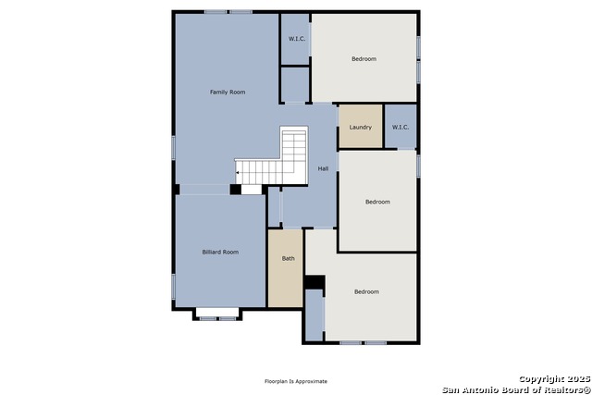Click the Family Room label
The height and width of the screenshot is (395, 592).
[x=228, y=92]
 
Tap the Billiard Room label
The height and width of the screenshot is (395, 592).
[x=220, y=252]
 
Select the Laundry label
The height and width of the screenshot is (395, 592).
[x=360, y=128]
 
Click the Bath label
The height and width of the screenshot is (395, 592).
[x=288, y=258]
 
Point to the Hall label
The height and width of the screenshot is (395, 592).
[x=323, y=168]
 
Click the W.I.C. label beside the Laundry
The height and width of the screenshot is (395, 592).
[x=401, y=128]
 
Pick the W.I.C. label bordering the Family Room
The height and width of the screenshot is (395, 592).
[x=297, y=39]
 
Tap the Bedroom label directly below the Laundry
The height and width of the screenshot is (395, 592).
[x=377, y=202]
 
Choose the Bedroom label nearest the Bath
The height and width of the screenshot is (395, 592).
[x=366, y=291]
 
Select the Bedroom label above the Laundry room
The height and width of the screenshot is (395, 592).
[x=364, y=58]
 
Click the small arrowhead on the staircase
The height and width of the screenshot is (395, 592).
[x=238, y=173]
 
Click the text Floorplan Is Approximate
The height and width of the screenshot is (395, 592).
[x=296, y=381]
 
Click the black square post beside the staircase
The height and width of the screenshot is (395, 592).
[x=236, y=190]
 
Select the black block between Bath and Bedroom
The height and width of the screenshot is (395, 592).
[x=314, y=282]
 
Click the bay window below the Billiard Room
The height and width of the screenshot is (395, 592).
[x=217, y=315]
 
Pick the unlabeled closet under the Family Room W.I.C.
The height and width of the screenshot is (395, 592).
[x=295, y=84]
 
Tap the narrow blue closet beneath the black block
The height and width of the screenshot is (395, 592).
[x=314, y=315]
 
